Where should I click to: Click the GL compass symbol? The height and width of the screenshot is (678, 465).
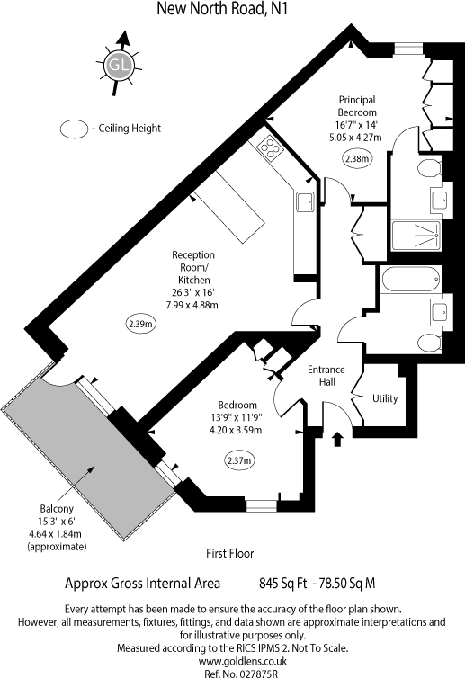116,64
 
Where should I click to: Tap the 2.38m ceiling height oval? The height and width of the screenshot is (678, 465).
356,158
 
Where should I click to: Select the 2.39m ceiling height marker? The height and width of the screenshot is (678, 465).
140,323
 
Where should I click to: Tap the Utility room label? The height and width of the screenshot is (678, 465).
384,398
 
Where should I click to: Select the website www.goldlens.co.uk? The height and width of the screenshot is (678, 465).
232,659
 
